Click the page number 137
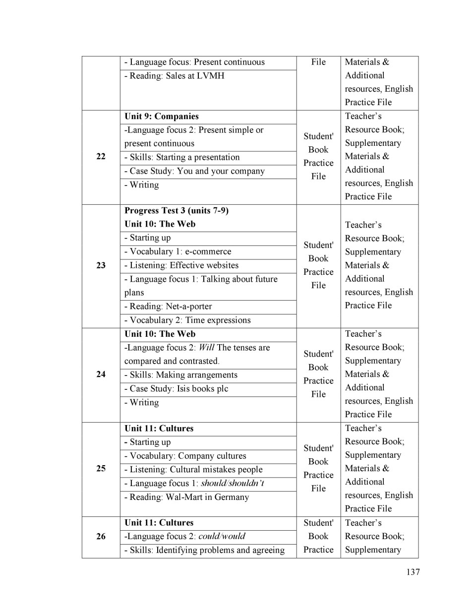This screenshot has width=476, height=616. [413, 572]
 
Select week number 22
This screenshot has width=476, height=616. [101, 157]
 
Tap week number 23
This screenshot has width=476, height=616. [101, 265]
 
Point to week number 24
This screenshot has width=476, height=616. [101, 374]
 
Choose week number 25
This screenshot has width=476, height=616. [101, 468]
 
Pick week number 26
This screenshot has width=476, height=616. [101, 536]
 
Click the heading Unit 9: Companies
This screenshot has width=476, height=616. [161, 117]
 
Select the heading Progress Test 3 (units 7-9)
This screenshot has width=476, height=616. [176, 210]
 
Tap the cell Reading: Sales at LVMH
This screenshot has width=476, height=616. [174, 76]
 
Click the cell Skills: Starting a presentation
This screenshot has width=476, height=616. [182, 157]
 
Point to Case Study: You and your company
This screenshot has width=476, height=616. [194, 171]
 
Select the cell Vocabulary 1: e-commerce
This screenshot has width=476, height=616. [178, 251]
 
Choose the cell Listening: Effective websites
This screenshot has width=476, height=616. [181, 265]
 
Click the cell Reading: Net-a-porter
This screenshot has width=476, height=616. [168, 307]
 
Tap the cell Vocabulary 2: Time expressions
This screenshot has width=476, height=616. [187, 320]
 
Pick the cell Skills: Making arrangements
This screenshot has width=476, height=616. [181, 375]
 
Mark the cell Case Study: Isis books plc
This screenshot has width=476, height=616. [176, 389]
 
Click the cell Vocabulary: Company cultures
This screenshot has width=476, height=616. [185, 456]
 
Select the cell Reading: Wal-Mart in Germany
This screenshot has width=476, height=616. [186, 497]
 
